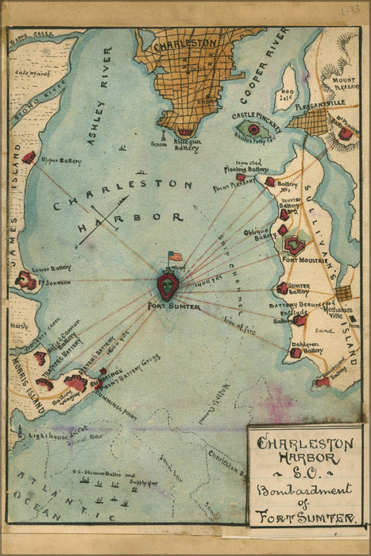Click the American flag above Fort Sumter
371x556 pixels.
click(x=174, y=257)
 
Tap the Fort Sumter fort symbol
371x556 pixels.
click(x=168, y=284)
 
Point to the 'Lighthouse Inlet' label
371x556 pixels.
click(x=53, y=435)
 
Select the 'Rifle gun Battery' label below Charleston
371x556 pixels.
click(x=187, y=145)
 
